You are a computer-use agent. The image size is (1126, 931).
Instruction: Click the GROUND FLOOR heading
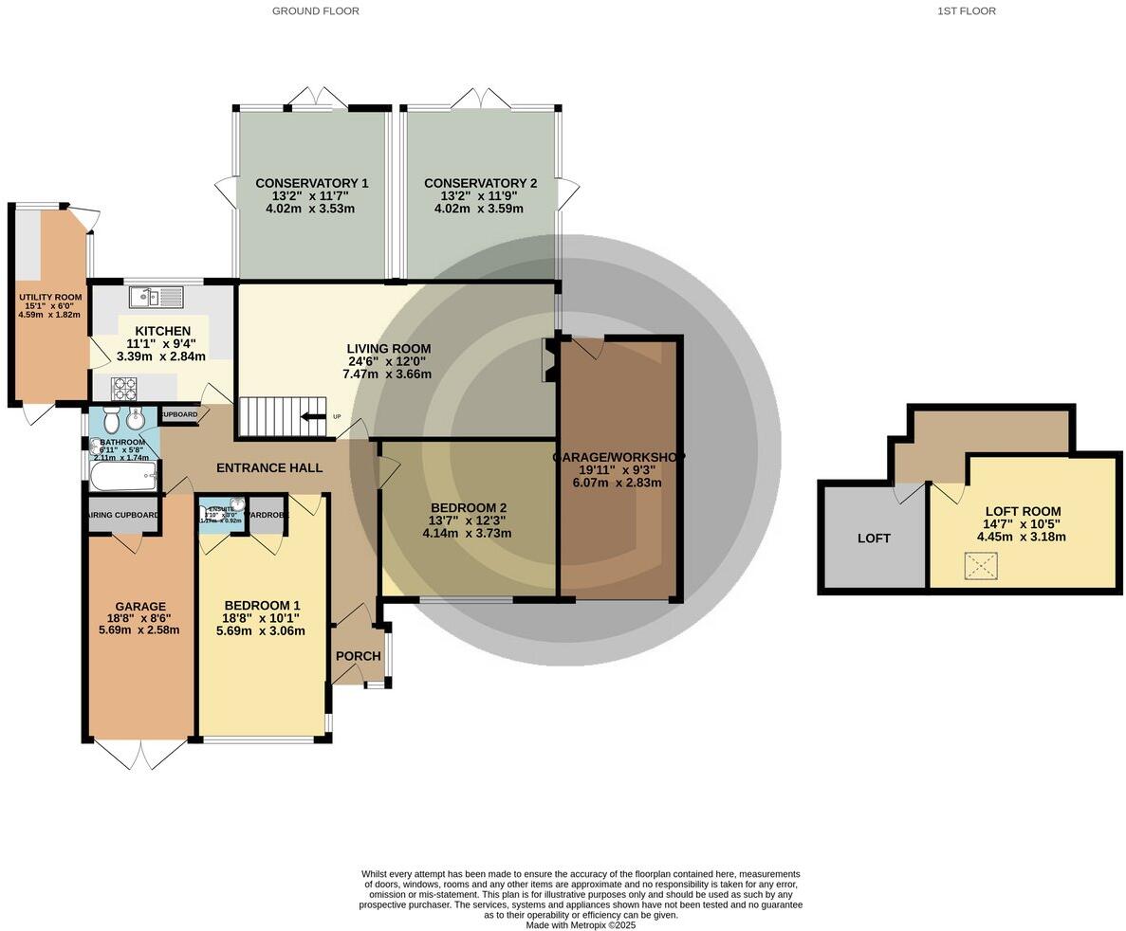315,11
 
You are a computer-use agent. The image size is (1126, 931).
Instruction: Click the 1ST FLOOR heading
966,11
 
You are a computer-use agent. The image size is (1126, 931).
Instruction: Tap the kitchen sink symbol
157,298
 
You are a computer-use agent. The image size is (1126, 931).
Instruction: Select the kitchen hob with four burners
124,388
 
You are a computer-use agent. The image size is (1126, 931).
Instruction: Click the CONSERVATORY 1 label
311,183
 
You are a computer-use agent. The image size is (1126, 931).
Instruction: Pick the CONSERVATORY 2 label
480,183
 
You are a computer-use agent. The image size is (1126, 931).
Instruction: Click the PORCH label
358,656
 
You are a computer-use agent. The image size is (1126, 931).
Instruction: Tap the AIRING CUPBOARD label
122,515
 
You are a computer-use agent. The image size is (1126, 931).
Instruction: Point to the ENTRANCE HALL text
269,467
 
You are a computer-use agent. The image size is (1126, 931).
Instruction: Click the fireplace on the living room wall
548,360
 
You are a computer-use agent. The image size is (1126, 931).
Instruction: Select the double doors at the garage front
141,754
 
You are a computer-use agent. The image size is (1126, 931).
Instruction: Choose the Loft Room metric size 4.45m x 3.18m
1021,537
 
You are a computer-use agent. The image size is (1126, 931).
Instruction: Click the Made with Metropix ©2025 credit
581,925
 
